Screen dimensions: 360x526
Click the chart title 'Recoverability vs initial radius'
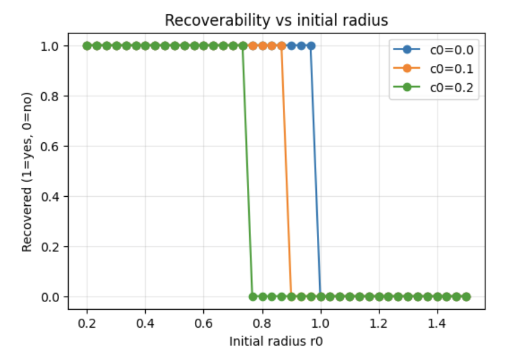(276, 20)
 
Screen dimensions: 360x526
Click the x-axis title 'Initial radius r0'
(276, 341)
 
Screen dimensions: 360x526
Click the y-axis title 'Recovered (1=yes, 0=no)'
(27, 172)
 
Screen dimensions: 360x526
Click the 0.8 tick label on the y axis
(50, 96)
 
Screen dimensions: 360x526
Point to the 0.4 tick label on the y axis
(50, 197)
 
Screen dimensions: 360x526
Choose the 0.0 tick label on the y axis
(50, 297)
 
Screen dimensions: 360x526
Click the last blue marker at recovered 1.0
(311, 45)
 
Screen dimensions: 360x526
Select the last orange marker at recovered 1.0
(282, 45)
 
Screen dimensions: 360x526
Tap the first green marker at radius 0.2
(87, 45)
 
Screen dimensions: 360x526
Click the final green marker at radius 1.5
(466, 297)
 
